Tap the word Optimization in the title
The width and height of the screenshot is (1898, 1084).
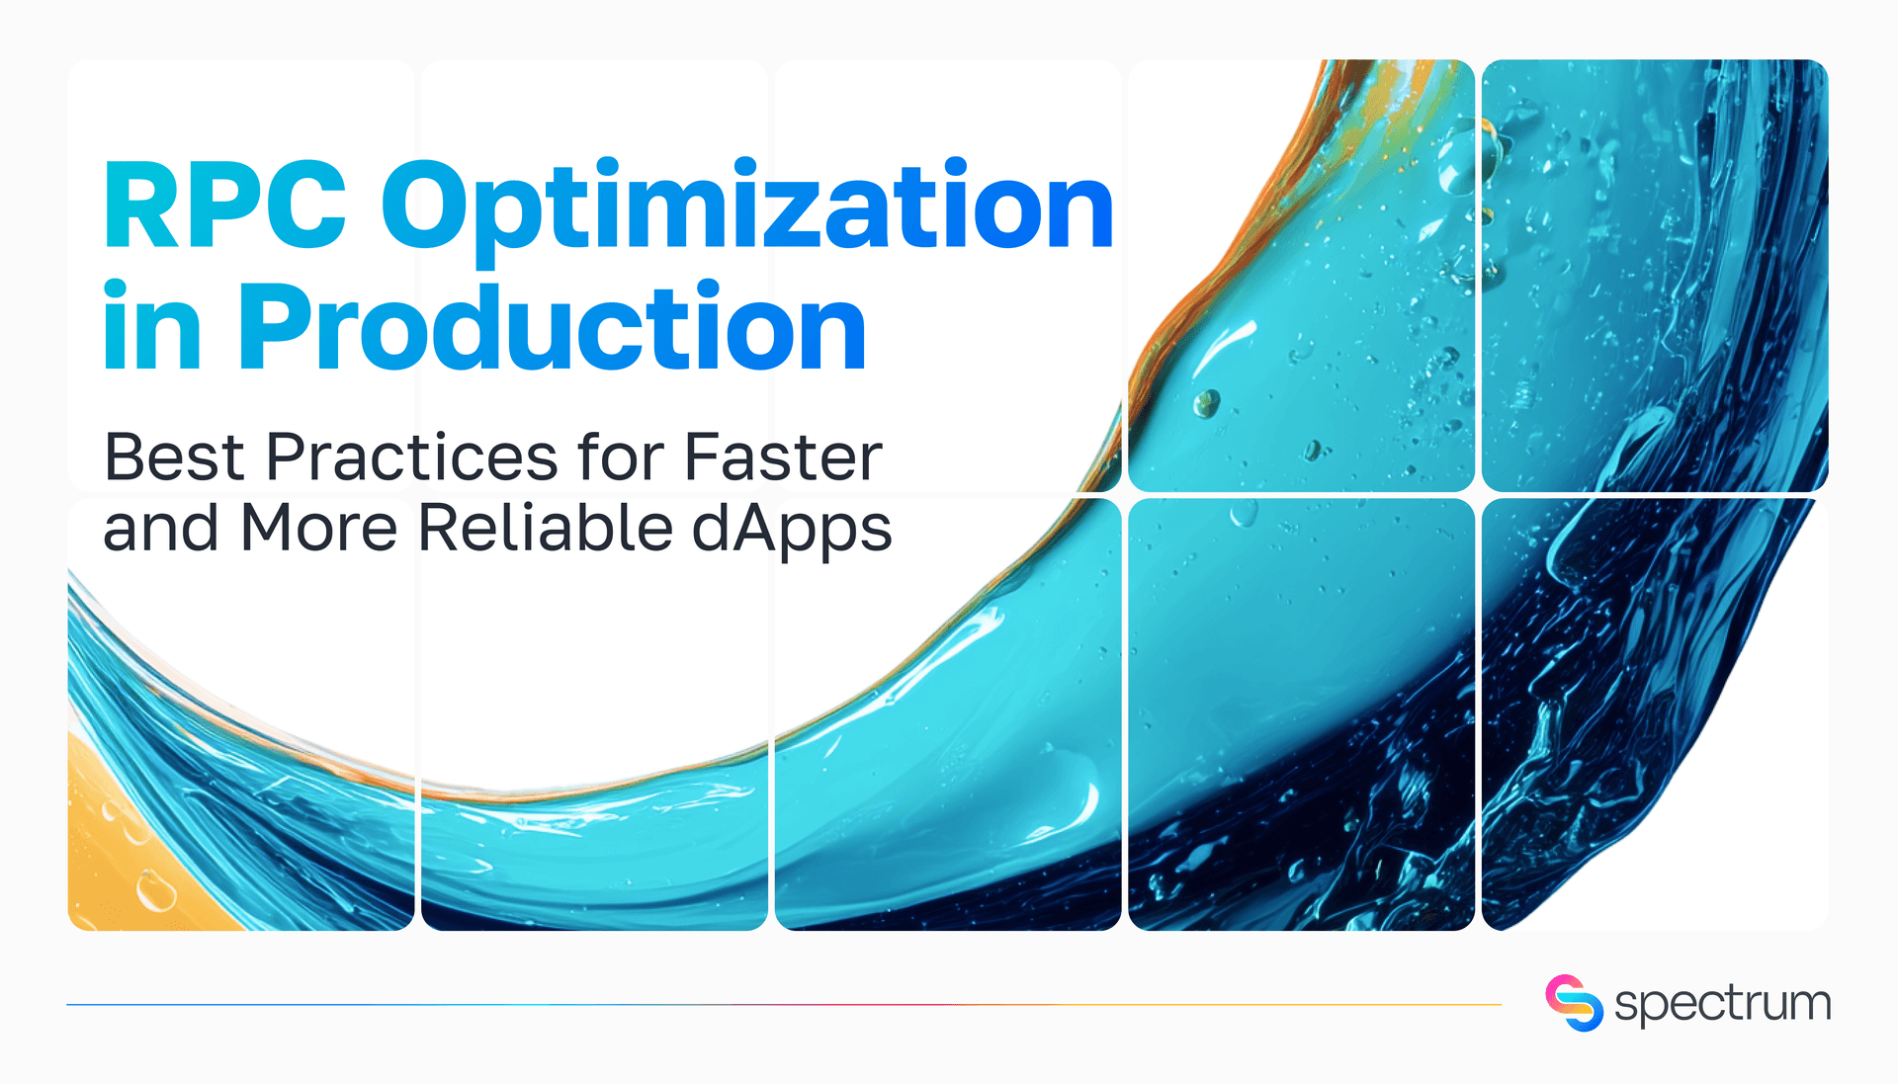[x=748, y=208]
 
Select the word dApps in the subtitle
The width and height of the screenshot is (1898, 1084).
[x=792, y=530]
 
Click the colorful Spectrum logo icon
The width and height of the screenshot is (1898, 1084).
[x=1574, y=1003]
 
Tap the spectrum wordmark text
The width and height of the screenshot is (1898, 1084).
[x=1722, y=1005]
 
